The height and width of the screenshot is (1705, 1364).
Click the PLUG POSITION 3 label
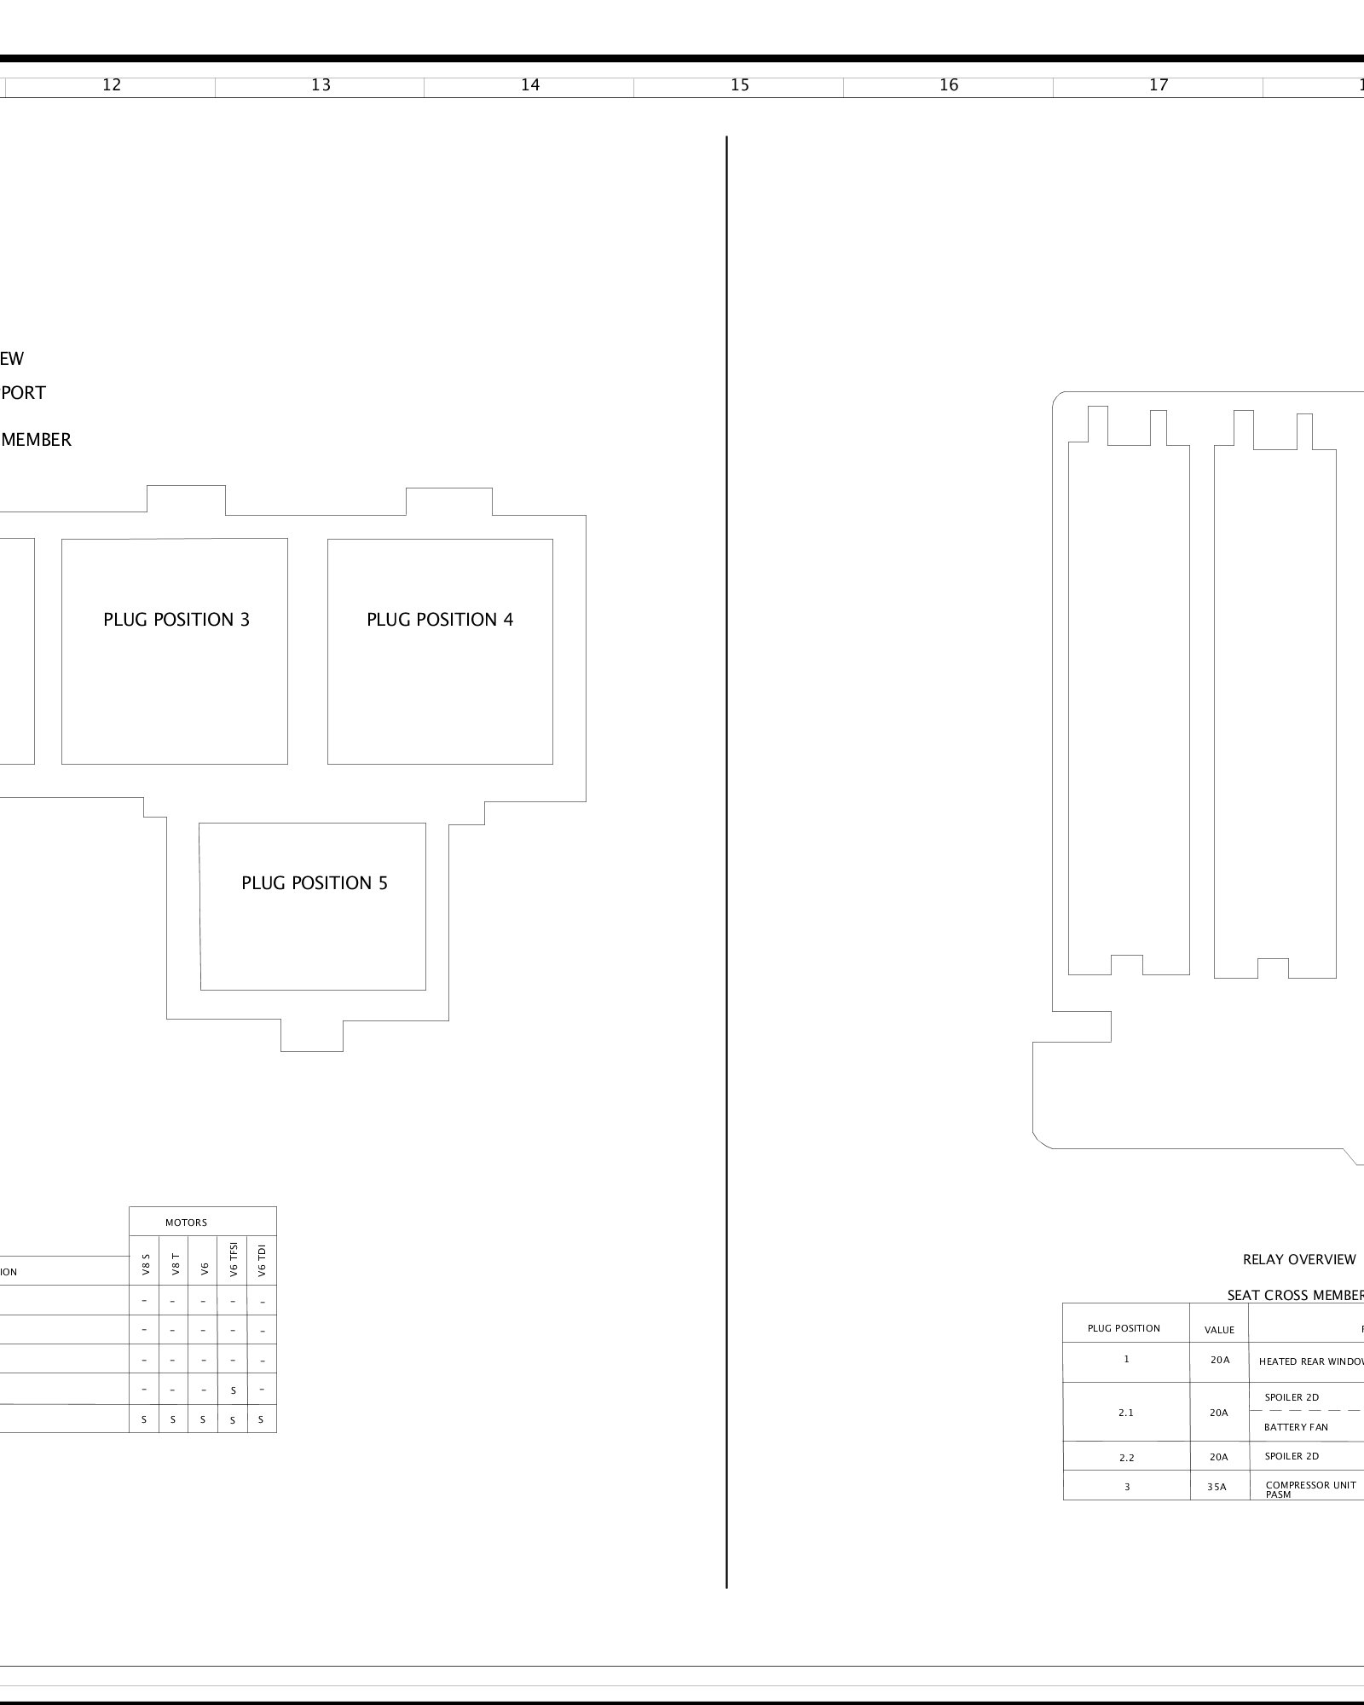[176, 620]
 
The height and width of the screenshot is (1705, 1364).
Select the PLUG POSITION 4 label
[440, 620]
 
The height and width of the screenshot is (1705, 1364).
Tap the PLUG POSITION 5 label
[315, 883]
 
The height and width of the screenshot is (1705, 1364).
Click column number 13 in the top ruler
[321, 85]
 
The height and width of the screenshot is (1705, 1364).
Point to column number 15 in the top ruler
[740, 85]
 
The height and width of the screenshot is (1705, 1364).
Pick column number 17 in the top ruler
[1159, 85]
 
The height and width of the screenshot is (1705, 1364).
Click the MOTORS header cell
[186, 1222]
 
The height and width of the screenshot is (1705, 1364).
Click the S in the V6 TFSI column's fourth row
[233, 1390]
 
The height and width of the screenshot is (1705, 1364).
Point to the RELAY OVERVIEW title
[1299, 1260]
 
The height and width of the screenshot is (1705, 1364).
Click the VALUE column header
[1219, 1330]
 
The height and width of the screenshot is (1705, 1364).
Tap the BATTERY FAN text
[1296, 1427]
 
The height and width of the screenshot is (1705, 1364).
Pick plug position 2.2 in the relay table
[1126, 1457]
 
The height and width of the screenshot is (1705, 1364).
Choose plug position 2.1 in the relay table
[1126, 1413]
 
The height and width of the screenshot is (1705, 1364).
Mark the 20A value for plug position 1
[1220, 1360]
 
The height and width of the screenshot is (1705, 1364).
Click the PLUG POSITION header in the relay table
[1124, 1328]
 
